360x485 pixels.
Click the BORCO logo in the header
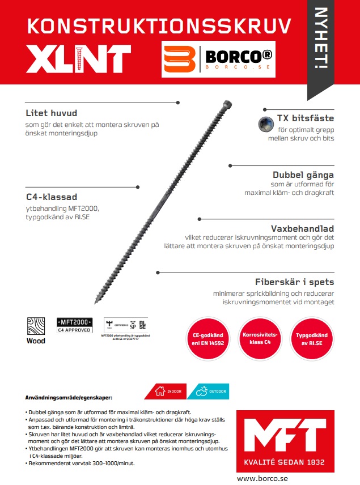(x=218, y=59)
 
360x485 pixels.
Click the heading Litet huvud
(x=51, y=113)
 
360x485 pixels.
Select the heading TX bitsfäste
(x=306, y=118)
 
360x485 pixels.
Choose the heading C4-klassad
(x=52, y=197)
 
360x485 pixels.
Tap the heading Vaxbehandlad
(x=303, y=228)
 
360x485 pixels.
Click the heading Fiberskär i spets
(x=294, y=282)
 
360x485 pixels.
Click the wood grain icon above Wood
(x=36, y=327)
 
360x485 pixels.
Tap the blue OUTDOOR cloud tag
(x=211, y=391)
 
